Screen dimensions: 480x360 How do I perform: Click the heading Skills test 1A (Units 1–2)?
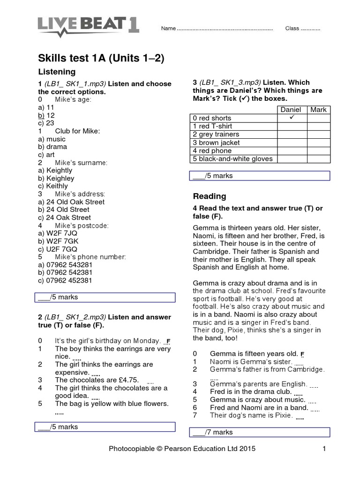click(x=101, y=58)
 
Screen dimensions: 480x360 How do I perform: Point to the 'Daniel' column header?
click(x=291, y=110)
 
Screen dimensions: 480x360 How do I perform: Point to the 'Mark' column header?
click(x=318, y=110)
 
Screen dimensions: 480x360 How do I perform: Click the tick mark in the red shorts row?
click(x=291, y=118)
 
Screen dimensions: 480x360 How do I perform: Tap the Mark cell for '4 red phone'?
click(x=318, y=151)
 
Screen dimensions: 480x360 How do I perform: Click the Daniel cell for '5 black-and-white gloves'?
click(x=291, y=159)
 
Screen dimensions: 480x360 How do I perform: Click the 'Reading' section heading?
click(x=210, y=196)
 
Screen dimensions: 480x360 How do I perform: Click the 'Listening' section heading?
click(x=56, y=72)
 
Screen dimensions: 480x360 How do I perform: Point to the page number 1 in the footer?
click(x=323, y=449)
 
